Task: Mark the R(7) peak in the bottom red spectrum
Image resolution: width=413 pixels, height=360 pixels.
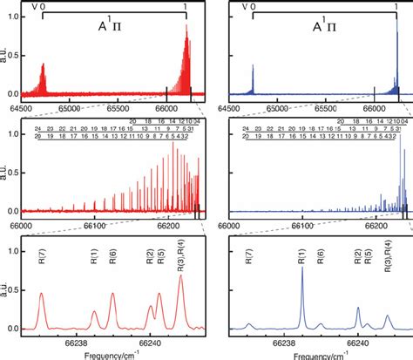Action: click(41, 295)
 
